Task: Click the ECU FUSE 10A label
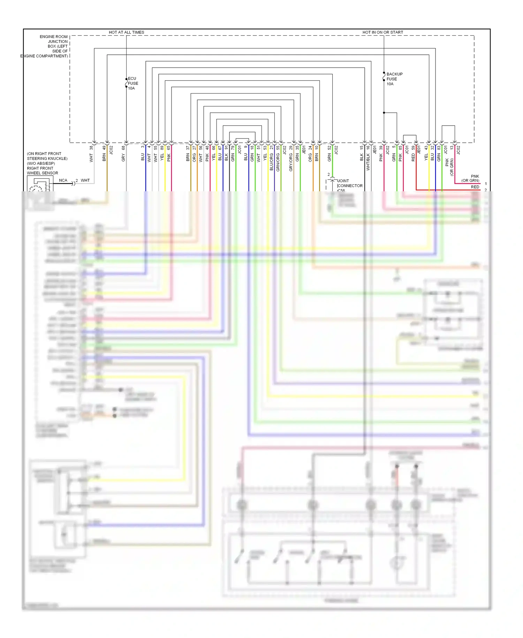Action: coord(132,83)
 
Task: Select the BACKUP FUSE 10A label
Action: coord(394,79)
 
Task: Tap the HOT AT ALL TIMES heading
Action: coord(126,32)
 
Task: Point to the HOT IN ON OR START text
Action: coord(382,32)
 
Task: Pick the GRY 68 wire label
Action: coord(123,154)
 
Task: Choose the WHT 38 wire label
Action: coord(91,154)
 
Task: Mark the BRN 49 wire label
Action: coord(104,154)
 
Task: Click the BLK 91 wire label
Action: coord(226,154)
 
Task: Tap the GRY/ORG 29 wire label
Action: coord(291,158)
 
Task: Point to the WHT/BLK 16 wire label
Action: coord(368,158)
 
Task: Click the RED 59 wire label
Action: coord(413,154)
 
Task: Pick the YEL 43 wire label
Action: coord(426,154)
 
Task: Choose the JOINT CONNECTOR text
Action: coord(350,183)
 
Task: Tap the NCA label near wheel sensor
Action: coord(63,180)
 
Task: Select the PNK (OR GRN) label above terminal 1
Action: coord(471,178)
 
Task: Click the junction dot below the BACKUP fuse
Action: coord(384,113)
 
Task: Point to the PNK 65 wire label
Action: coord(168,154)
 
